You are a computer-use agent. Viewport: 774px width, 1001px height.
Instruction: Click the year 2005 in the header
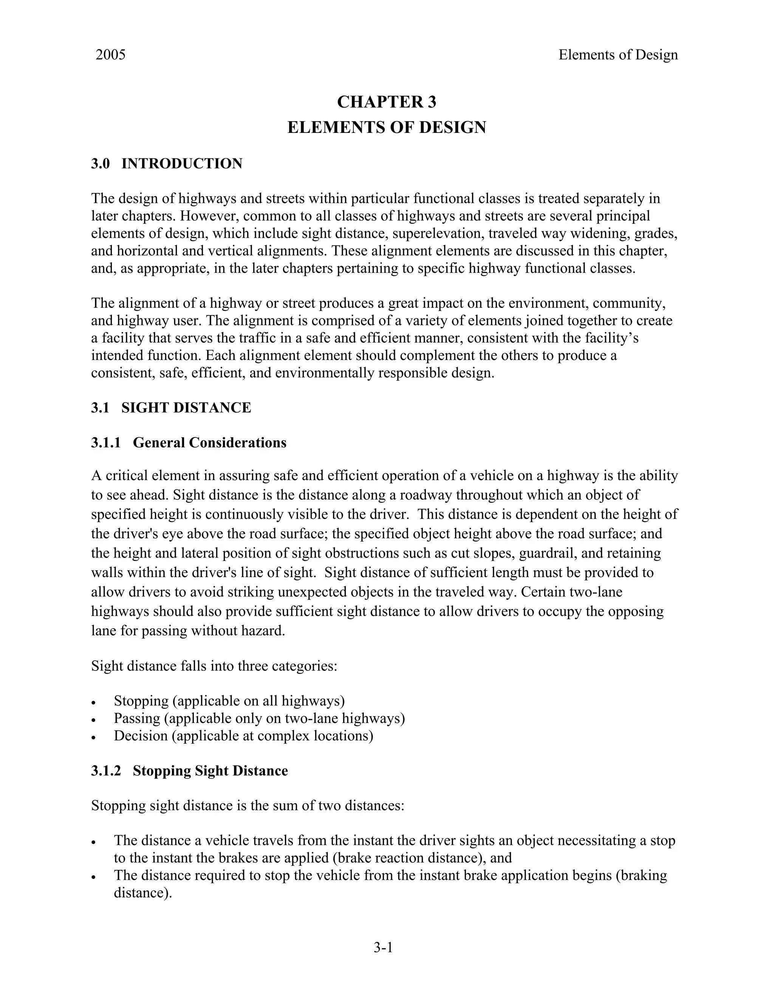(110, 55)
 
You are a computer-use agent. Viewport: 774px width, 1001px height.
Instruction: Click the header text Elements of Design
(618, 55)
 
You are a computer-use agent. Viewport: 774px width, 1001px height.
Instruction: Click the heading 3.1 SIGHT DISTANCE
(171, 408)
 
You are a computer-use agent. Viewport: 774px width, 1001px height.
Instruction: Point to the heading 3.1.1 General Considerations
(189, 442)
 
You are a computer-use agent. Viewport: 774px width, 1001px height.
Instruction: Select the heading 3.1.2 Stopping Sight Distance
(189, 771)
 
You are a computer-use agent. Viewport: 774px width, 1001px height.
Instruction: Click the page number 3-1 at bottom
(383, 947)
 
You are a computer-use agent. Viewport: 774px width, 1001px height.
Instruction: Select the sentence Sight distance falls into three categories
(214, 666)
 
